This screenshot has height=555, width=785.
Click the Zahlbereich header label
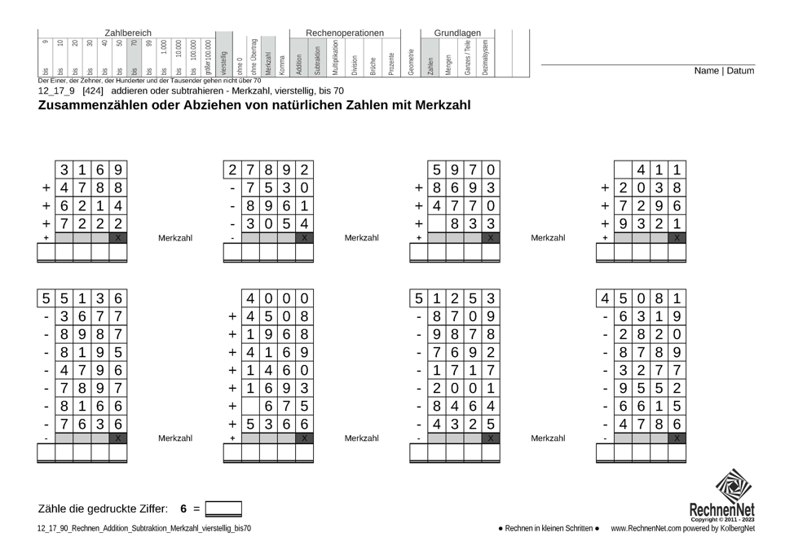[x=128, y=33]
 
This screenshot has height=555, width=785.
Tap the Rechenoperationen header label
[x=344, y=33]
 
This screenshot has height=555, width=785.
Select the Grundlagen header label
[x=457, y=33]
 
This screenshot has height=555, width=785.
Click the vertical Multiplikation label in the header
[x=335, y=57]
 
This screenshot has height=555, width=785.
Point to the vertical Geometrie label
[x=411, y=62]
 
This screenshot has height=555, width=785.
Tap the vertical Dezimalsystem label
[x=485, y=57]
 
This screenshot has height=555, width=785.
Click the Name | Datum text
[x=724, y=71]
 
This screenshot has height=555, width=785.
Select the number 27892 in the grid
[x=268, y=170]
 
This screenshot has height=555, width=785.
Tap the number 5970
[x=463, y=170]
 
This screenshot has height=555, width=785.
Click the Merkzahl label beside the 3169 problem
[x=175, y=238]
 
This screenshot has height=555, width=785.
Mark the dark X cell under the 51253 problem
[x=491, y=438]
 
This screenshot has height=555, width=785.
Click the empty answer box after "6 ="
[x=223, y=509]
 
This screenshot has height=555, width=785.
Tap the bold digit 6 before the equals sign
[x=184, y=509]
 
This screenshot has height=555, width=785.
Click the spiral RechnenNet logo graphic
[x=734, y=486]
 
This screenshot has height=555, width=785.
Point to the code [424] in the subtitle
[x=94, y=91]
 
